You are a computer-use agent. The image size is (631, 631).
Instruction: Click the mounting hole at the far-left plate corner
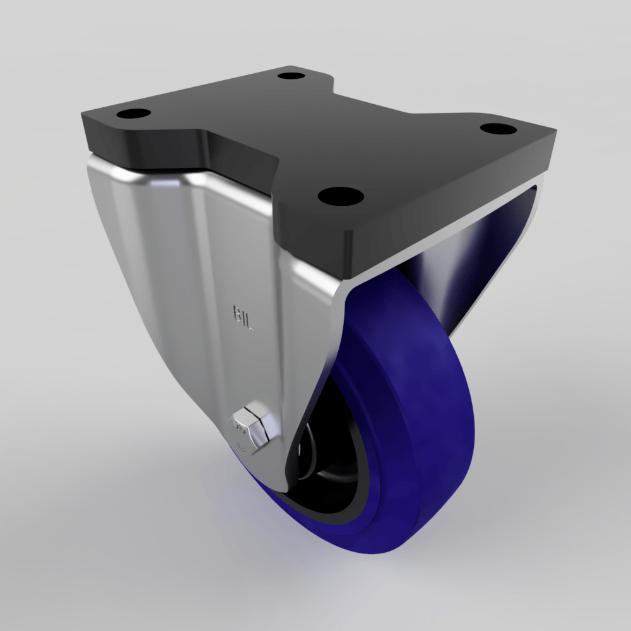(134, 114)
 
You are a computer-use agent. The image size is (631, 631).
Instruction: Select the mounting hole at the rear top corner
(290, 76)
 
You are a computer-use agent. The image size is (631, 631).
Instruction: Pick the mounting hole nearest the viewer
(341, 196)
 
